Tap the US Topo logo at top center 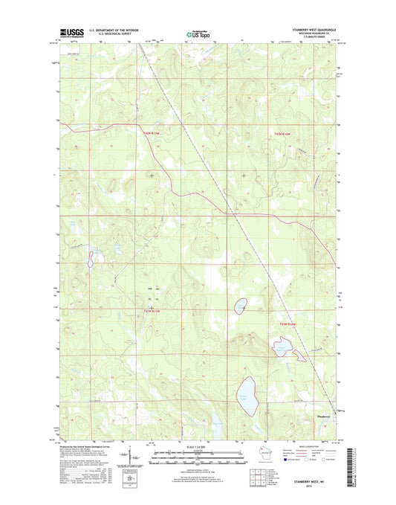point(197,33)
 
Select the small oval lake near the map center point(241,306)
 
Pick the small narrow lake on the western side point(91,260)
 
